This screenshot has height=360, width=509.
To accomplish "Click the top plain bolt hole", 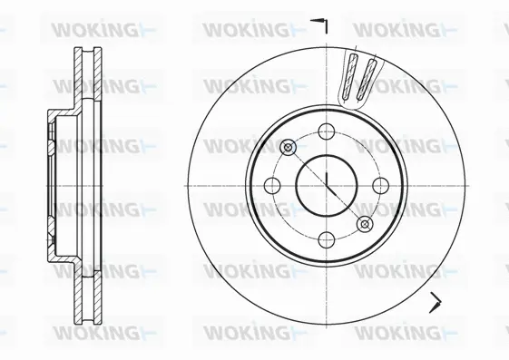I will tap(327, 132).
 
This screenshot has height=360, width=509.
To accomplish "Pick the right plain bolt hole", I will tap(381, 186).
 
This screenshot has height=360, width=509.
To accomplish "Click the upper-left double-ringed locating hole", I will tap(289, 148).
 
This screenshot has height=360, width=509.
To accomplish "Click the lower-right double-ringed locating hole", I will tap(366, 224).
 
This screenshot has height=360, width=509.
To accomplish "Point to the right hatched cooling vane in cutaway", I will tap(367, 79).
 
